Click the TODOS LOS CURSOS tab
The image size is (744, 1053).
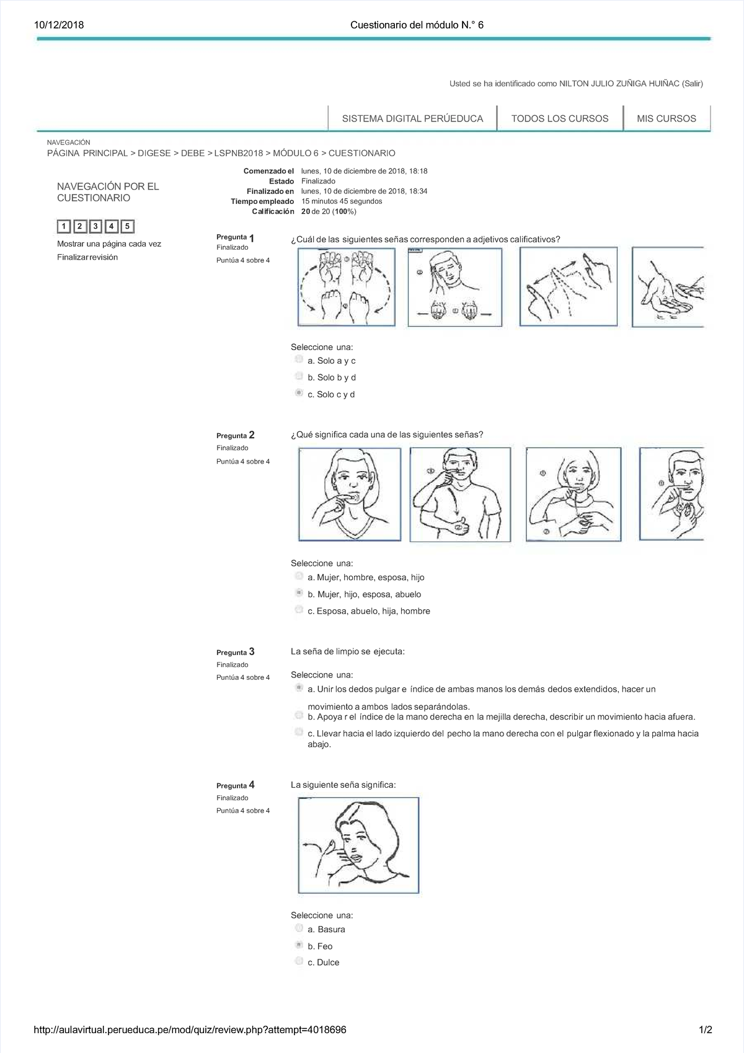559,118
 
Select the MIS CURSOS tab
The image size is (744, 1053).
666,118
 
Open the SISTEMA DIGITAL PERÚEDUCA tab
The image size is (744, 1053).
412,118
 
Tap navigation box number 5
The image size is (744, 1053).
127,226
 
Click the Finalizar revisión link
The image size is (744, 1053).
87,257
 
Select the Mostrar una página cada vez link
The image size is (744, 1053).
109,244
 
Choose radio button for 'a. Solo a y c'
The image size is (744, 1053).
299,359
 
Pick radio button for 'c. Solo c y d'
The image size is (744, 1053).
299,393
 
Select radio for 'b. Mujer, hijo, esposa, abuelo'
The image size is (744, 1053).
299,593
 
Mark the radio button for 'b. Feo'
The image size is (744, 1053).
299,945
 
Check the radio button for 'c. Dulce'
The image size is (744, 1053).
299,961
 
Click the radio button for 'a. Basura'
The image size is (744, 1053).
299,928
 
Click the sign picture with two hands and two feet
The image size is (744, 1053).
347,287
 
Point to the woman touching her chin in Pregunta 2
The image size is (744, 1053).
350,494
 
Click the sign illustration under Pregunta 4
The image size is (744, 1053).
358,845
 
